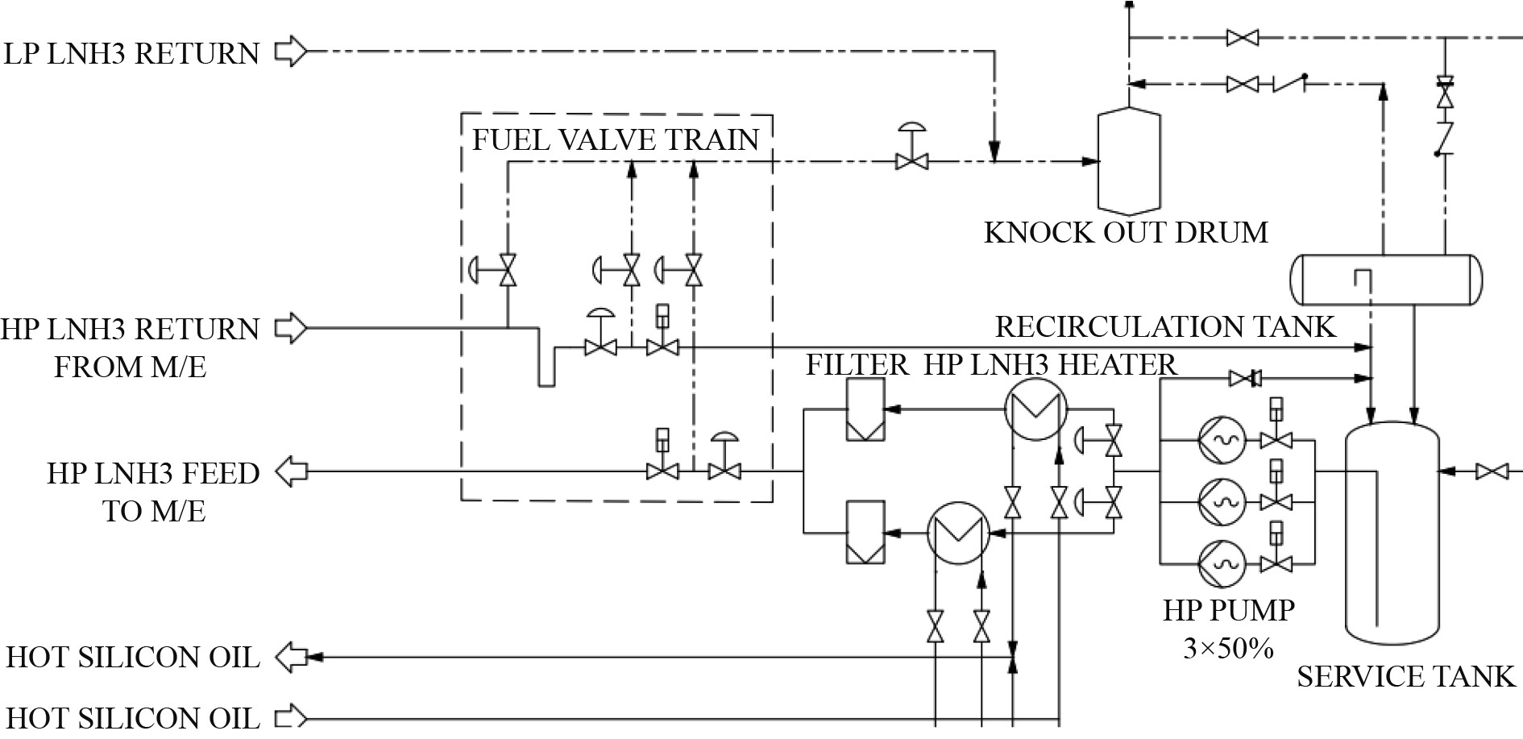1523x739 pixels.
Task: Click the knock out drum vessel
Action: coord(1129,161)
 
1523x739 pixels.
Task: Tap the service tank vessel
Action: coord(1392,532)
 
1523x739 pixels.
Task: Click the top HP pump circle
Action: coord(1222,440)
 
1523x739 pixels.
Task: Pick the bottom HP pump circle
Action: coord(1222,563)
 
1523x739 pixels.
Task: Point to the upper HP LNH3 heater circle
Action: coord(1035,409)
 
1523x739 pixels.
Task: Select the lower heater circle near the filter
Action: coord(958,533)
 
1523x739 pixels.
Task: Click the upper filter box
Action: coord(865,409)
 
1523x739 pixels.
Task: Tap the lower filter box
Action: coord(865,533)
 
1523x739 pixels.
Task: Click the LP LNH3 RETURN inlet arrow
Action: coord(291,52)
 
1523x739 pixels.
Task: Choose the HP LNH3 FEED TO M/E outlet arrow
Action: coord(291,471)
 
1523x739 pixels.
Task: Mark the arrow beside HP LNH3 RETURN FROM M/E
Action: coord(291,328)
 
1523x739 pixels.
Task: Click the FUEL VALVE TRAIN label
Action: coord(615,140)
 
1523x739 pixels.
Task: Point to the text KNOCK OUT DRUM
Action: coord(1126,233)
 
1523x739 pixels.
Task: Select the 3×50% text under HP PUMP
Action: coord(1228,647)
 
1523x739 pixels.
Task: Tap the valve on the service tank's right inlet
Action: coord(1492,471)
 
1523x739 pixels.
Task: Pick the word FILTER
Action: coord(857,365)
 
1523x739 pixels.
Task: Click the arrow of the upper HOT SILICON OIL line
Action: coord(291,658)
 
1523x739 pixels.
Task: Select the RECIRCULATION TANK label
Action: coord(1165,327)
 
